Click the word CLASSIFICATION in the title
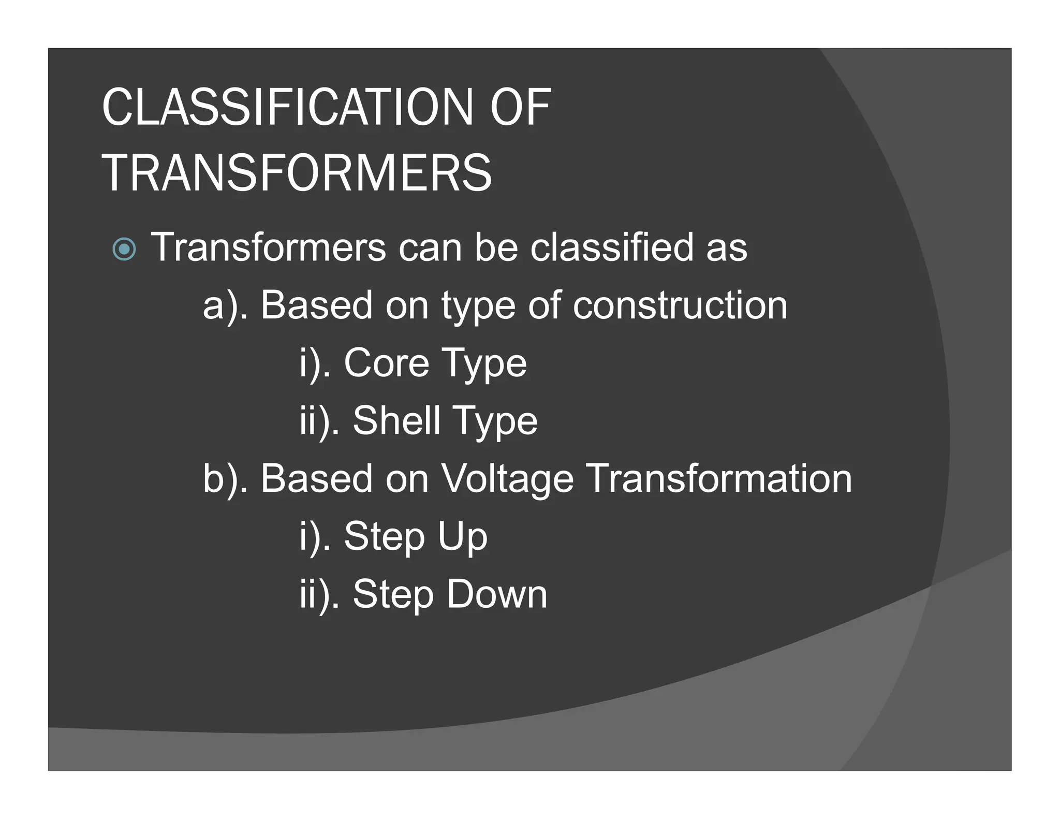tap(287, 107)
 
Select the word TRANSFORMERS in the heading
tap(297, 173)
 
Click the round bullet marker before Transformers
tap(124, 250)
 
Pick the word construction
tap(680, 305)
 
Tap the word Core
tap(386, 363)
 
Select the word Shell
tap(396, 420)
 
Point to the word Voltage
tap(507, 479)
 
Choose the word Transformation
tap(719, 478)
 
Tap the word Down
tap(496, 594)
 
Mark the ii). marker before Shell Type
tap(320, 421)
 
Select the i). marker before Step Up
tap(315, 537)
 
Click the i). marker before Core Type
tap(315, 364)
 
